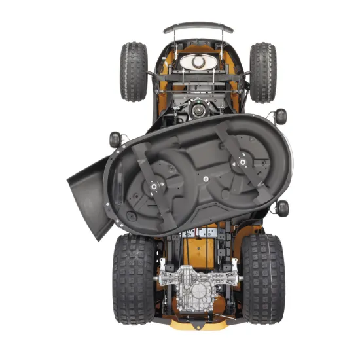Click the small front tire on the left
click(133, 71)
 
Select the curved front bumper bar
click(198, 27)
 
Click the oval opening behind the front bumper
click(198, 62)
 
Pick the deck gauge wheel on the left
click(115, 139)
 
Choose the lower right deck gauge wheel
click(283, 208)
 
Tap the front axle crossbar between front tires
click(198, 76)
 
